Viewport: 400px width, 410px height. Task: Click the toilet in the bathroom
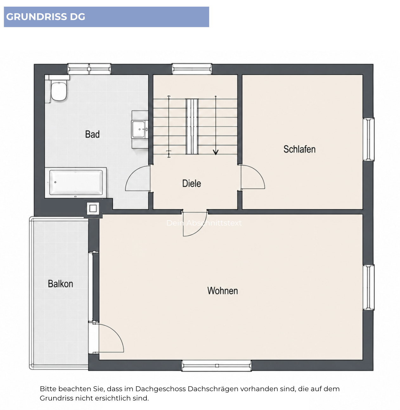58,91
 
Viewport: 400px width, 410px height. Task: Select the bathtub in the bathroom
76,183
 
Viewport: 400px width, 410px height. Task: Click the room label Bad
92,134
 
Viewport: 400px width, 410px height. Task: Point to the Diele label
191,183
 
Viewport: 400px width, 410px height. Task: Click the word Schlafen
299,149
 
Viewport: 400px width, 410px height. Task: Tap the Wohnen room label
223,291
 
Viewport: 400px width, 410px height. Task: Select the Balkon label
60,284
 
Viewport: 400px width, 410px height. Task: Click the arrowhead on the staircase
216,152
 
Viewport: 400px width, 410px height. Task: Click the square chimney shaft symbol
93,208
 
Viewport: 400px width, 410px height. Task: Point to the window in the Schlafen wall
369,139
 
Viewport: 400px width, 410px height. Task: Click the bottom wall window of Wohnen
216,365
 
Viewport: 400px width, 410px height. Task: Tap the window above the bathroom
89,69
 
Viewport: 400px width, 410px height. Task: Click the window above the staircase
192,69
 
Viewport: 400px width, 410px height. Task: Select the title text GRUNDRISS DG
46,17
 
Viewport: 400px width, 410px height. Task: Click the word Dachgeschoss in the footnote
160,389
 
